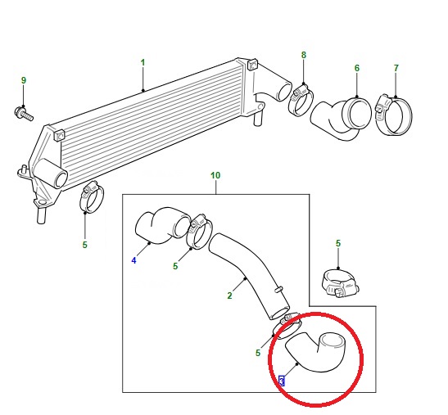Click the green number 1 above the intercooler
143,63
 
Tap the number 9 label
24,80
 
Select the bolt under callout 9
24,113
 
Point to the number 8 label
303,55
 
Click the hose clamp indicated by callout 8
301,100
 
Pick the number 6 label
357,68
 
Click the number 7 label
396,68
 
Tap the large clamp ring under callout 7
394,115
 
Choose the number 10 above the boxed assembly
215,175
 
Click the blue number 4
133,260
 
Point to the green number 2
229,295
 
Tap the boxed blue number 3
282,381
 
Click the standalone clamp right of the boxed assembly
340,283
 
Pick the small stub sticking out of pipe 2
278,289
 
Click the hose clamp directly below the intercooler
92,197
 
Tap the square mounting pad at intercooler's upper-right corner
252,65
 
